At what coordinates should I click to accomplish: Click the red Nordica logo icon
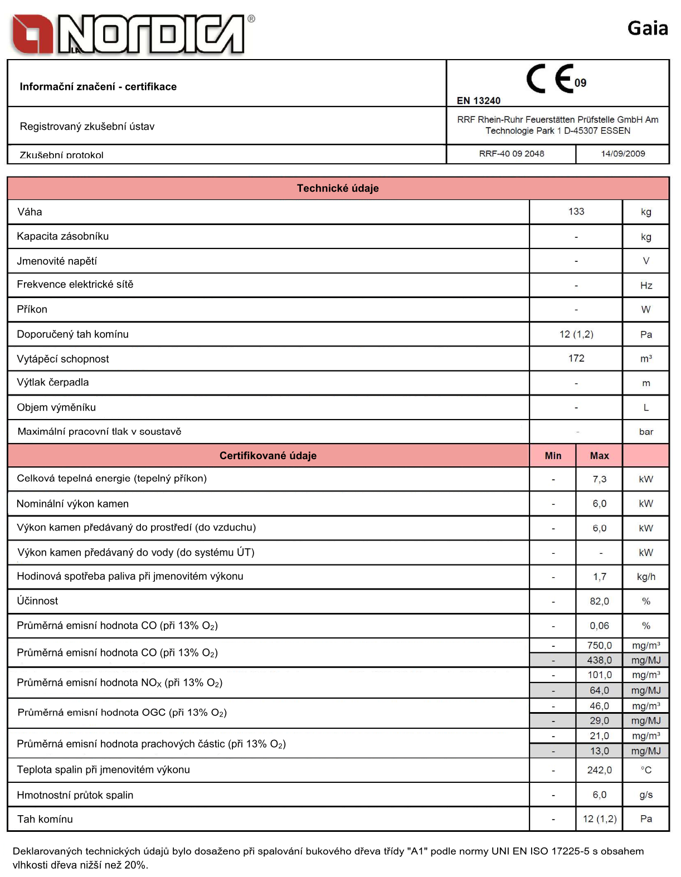pyautogui.click(x=32, y=35)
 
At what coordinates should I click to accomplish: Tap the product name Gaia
pyautogui.click(x=648, y=28)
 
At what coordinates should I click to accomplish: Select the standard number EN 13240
pyautogui.click(x=478, y=101)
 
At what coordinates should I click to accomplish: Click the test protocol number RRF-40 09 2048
pyautogui.click(x=512, y=154)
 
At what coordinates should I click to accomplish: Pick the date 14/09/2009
pyautogui.click(x=622, y=154)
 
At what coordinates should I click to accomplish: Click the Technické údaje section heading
pyautogui.click(x=338, y=188)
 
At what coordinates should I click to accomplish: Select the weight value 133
pyautogui.click(x=576, y=212)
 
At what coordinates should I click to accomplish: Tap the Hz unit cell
pyautogui.click(x=646, y=286)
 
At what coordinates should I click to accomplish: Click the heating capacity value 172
pyautogui.click(x=576, y=358)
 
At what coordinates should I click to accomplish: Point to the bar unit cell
pyautogui.click(x=646, y=432)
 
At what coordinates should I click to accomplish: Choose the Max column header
pyautogui.click(x=599, y=456)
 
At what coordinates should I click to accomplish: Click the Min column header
pyautogui.click(x=553, y=456)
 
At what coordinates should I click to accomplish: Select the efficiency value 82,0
pyautogui.click(x=599, y=601)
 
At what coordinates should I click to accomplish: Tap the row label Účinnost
pyautogui.click(x=37, y=601)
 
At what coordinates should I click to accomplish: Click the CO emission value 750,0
pyautogui.click(x=599, y=645)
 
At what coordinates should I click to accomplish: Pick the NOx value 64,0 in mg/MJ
pyautogui.click(x=599, y=690)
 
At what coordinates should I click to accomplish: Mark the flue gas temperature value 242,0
pyautogui.click(x=599, y=770)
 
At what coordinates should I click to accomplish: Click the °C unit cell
pyautogui.click(x=646, y=770)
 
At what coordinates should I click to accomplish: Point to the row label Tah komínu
pyautogui.click(x=45, y=819)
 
